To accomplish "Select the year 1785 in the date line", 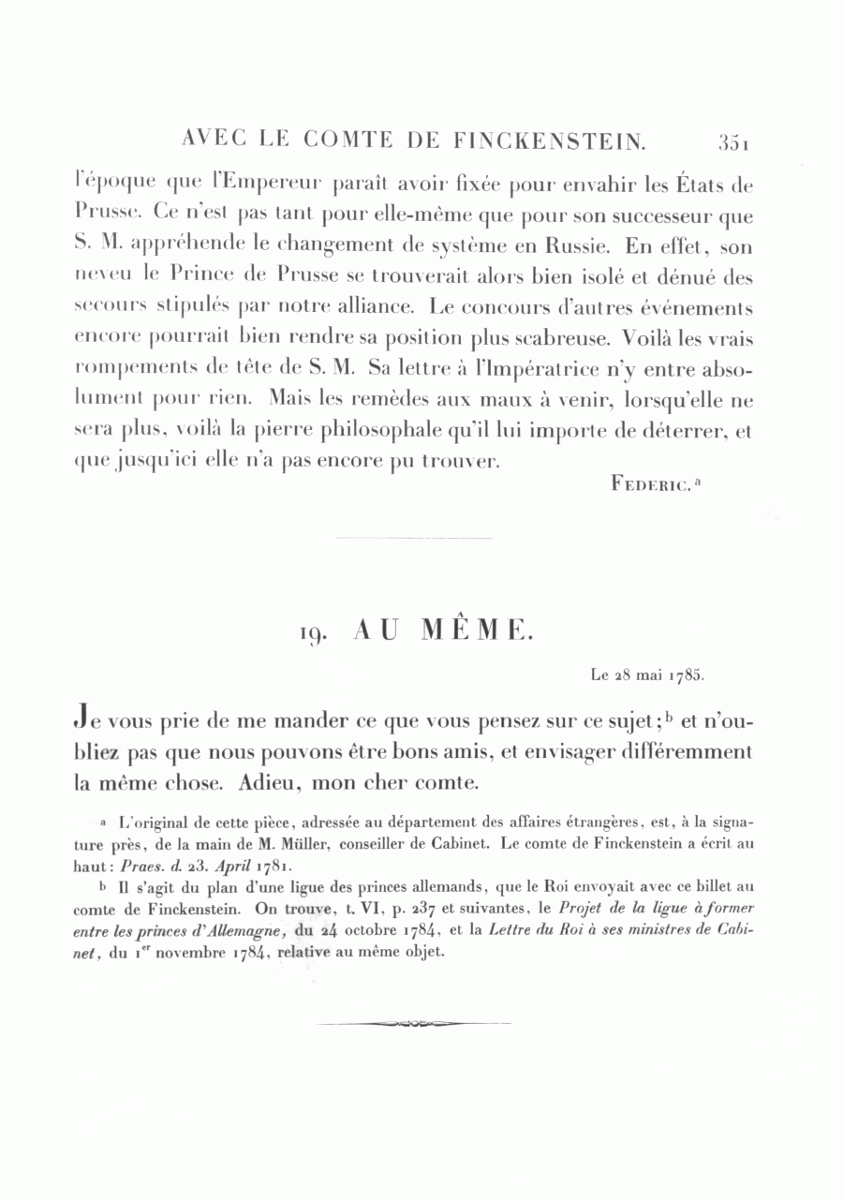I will tap(685, 675).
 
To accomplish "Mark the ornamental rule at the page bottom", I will tap(415, 1024).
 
